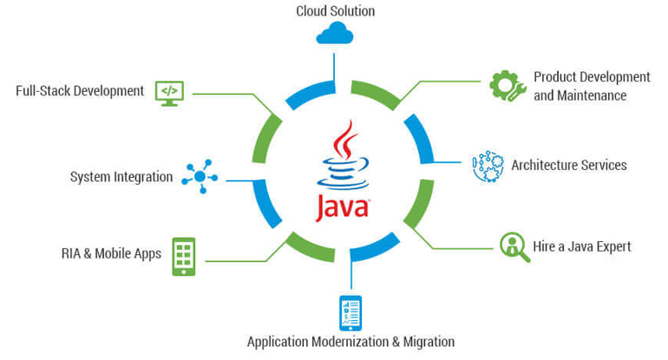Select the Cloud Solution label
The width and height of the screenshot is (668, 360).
[335, 11]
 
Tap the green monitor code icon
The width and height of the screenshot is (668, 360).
[169, 92]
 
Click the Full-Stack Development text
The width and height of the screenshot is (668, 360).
[80, 91]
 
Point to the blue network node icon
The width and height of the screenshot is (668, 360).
[200, 176]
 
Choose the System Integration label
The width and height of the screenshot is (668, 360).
[121, 177]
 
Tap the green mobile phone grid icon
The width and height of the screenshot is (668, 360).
[183, 256]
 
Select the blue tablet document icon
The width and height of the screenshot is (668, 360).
[350, 313]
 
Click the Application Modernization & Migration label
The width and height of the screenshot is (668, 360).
[350, 342]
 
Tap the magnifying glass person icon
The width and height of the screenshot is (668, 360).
[514, 246]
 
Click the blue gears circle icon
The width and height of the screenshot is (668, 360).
[488, 166]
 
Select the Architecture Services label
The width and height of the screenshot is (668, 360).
[568, 165]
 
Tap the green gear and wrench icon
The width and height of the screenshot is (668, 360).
[508, 86]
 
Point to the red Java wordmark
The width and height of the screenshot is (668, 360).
[341, 208]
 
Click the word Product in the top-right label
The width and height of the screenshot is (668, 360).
[554, 76]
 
